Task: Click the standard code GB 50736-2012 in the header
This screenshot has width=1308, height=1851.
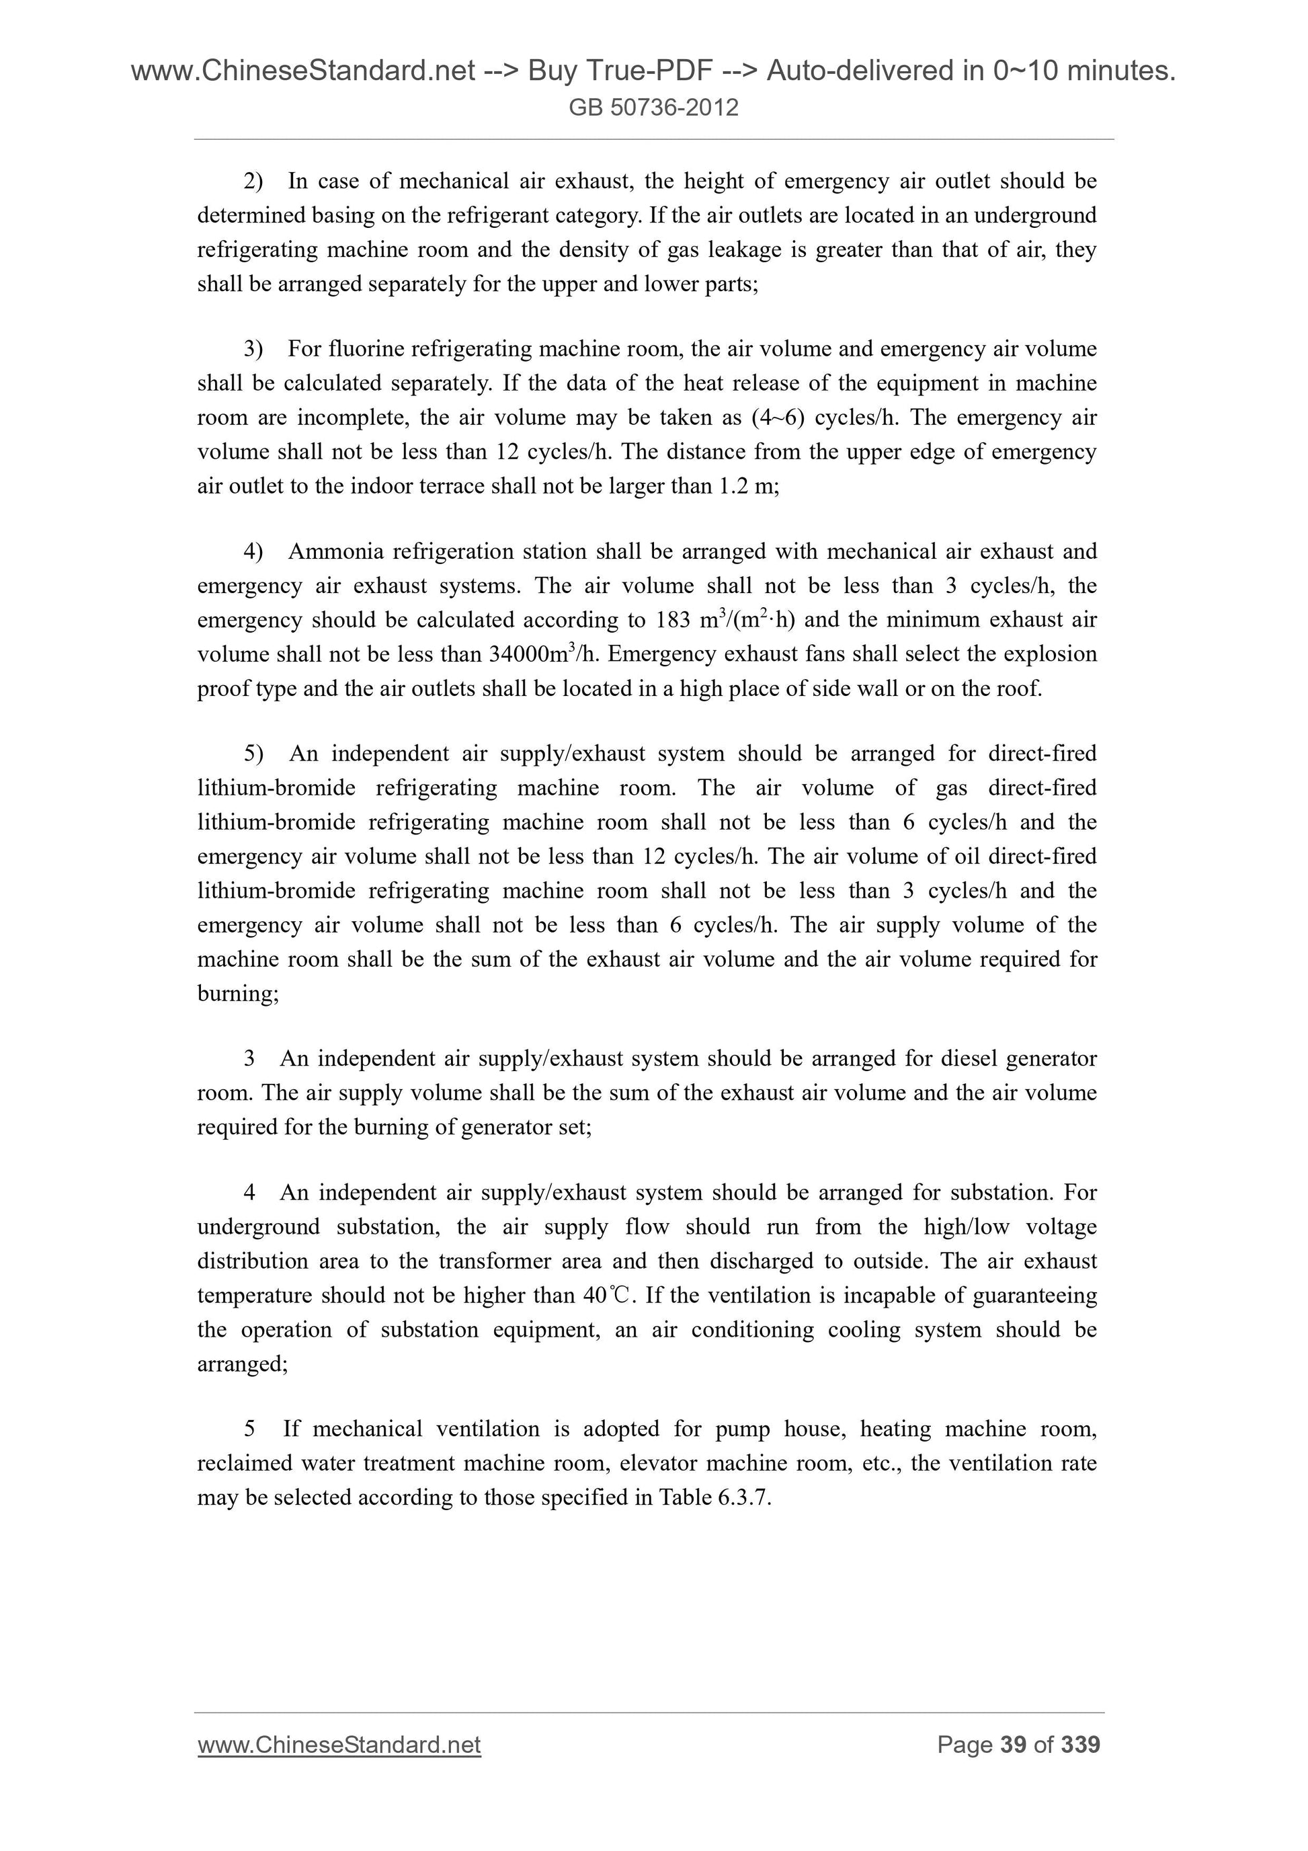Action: coord(653,107)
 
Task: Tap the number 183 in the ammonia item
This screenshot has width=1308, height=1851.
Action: coord(673,620)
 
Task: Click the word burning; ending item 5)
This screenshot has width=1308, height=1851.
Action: coord(238,993)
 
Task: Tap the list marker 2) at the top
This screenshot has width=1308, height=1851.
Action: coord(253,182)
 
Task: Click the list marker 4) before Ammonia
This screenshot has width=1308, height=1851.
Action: coord(253,551)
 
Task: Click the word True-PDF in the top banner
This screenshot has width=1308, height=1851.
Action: coord(620,72)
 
